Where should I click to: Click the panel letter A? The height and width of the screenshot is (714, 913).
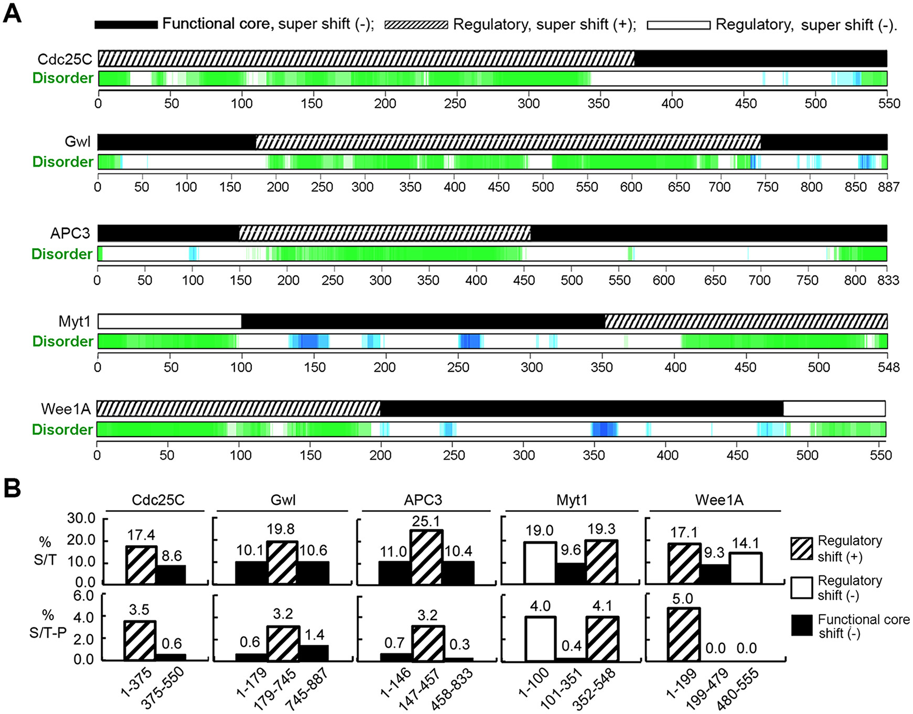[x=12, y=13]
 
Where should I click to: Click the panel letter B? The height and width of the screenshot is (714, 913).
[x=12, y=487]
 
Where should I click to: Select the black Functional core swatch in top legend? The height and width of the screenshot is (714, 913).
[x=126, y=25]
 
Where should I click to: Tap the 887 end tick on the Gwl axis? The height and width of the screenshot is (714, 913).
[x=888, y=187]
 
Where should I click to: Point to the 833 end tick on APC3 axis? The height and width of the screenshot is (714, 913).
[x=888, y=280]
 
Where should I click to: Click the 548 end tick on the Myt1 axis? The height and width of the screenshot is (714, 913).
[x=888, y=367]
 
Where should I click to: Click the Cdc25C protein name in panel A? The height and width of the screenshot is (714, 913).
[x=65, y=59]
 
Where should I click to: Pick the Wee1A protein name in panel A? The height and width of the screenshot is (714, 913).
[x=66, y=408]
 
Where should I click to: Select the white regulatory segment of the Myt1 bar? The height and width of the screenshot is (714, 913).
[x=169, y=321]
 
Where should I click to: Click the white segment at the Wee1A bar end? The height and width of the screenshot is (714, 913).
[x=834, y=408]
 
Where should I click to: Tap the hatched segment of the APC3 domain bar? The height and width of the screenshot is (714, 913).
[x=384, y=233]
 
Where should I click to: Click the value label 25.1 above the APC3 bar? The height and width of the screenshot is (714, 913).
[x=426, y=521]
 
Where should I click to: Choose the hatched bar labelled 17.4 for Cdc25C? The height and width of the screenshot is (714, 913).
[x=141, y=564]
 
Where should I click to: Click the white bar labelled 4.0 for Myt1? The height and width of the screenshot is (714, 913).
[x=539, y=638]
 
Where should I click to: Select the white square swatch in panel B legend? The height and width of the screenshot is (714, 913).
[x=801, y=588]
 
